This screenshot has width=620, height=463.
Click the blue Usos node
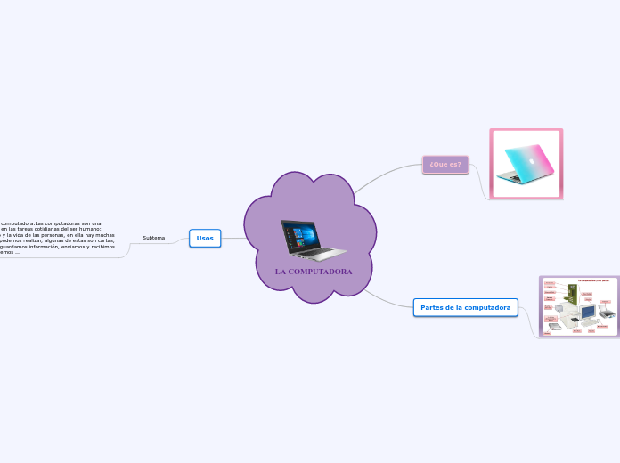click(x=205, y=238)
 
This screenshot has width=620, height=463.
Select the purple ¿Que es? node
click(x=445, y=164)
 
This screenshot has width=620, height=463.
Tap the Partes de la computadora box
click(x=465, y=307)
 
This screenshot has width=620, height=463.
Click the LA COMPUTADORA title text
click(x=314, y=271)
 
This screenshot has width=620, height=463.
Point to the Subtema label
click(x=153, y=238)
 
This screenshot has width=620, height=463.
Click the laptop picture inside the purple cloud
click(x=313, y=239)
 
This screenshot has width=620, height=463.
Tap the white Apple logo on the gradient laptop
click(x=532, y=161)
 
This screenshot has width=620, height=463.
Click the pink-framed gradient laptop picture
click(x=526, y=164)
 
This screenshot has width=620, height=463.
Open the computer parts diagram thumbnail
click(x=579, y=306)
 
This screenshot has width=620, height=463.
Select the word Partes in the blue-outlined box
click(x=434, y=307)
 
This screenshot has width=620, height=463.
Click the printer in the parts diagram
click(x=607, y=313)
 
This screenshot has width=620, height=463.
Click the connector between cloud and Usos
click(x=232, y=238)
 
